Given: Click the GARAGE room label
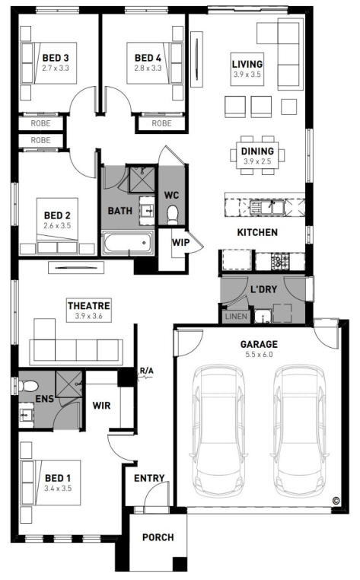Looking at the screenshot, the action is [259, 344].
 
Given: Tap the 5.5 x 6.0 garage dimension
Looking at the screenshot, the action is [259, 355].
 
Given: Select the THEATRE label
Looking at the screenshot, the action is [89, 305].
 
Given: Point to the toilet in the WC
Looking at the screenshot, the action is [172, 215].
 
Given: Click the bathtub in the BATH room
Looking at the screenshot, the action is [128, 243].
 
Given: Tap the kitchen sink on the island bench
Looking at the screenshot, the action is [266, 207].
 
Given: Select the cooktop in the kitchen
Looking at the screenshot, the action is [280, 261].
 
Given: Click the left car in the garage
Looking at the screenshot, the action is [218, 431].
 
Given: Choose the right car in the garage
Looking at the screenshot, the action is [300, 431].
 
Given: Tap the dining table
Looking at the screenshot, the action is [257, 155].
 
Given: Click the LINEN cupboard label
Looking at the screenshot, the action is [236, 317].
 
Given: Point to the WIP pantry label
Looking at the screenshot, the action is [180, 243].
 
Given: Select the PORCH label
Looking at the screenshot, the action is [158, 537].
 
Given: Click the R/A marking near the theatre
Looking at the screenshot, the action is [147, 371].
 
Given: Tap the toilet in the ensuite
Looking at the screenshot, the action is [28, 387].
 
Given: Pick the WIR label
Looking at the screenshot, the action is [101, 406].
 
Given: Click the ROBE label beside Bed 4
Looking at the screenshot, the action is [161, 123].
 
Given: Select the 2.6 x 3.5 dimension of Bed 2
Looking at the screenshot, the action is [57, 225].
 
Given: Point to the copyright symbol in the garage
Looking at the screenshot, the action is [336, 501].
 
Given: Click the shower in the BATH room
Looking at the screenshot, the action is [142, 180].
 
